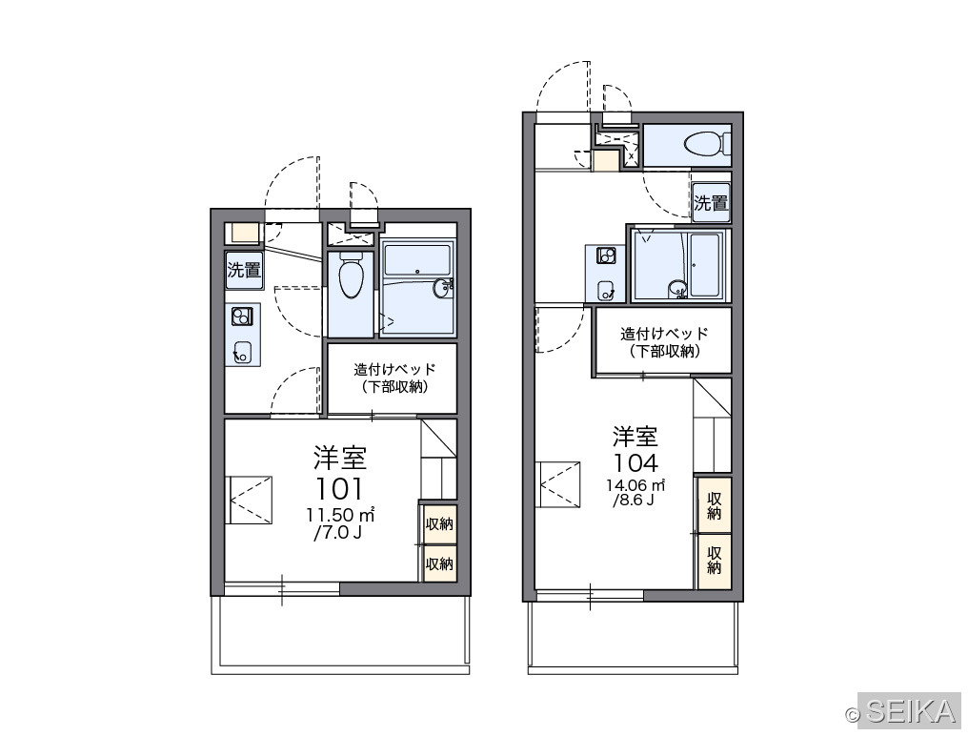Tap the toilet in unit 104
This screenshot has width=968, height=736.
coord(707,143)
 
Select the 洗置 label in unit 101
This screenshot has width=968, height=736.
coord(244,270)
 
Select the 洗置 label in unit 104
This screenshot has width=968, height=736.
coord(711,203)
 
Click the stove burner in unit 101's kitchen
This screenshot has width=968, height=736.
coord(241,317)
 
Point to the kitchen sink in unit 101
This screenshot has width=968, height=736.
coord(243,352)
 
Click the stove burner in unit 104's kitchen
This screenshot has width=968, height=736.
coord(606,256)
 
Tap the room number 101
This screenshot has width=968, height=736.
coord(339,489)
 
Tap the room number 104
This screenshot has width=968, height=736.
coord(635,462)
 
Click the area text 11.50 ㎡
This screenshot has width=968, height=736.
coord(340,514)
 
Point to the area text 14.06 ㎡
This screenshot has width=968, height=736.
coord(635,484)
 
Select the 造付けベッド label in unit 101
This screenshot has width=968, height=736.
coord(394,370)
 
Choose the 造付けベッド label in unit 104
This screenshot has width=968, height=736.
coord(664,334)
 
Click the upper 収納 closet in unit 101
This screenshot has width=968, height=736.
coord(439,524)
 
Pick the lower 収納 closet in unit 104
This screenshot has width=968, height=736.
coord(715,562)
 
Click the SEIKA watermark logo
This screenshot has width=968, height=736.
coord(903,712)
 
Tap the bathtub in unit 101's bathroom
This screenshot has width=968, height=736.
coord(416,261)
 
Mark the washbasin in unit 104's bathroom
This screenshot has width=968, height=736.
coord(677,289)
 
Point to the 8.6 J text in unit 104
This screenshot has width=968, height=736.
coord(634,500)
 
